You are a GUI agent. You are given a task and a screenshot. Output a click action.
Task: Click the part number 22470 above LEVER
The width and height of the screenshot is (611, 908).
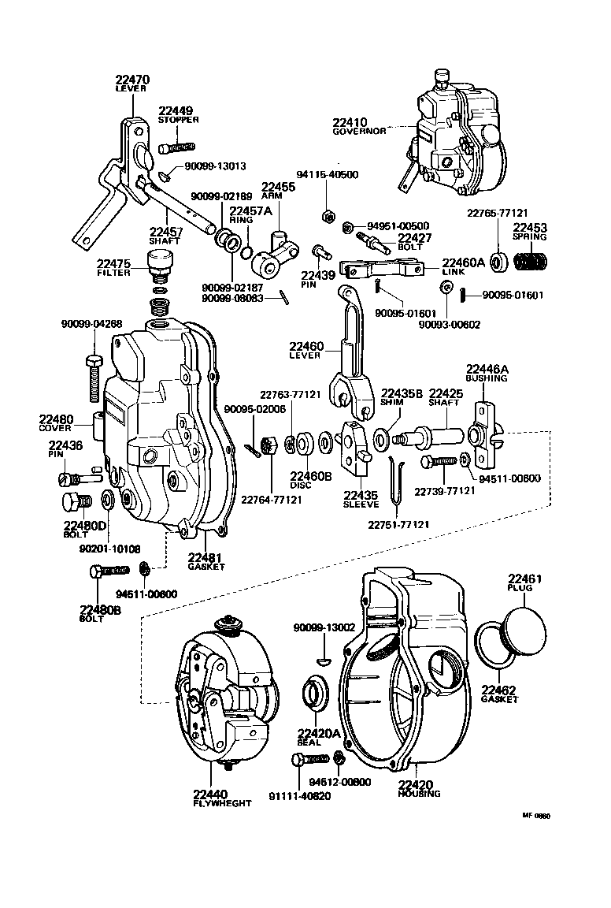pyautogui.click(x=132, y=80)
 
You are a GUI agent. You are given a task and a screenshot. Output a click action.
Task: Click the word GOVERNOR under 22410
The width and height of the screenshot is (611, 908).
pyautogui.click(x=358, y=132)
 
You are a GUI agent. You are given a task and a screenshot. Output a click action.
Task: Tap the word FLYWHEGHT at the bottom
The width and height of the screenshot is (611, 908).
pyautogui.click(x=221, y=803)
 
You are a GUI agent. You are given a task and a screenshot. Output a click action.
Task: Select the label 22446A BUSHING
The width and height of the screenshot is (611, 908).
pyautogui.click(x=487, y=373)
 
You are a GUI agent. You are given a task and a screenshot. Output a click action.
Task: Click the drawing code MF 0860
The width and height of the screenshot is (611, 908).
pyautogui.click(x=535, y=817)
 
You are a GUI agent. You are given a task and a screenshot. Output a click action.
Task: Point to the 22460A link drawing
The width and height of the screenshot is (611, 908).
pyautogui.click(x=381, y=270)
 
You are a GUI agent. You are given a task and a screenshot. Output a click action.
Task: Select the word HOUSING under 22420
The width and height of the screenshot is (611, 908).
pyautogui.click(x=418, y=794)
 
